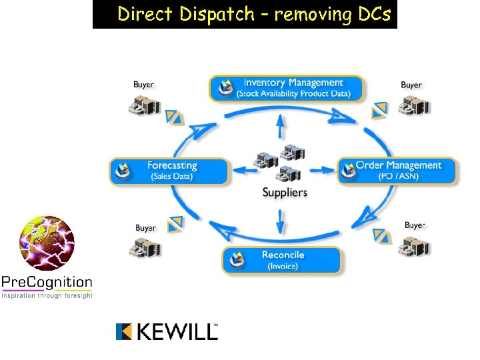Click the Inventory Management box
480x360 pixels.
point(287,88)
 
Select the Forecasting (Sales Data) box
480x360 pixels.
point(169,171)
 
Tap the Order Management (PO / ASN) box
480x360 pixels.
point(398,171)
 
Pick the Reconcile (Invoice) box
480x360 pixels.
point(282,260)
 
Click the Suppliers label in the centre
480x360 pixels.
point(285,193)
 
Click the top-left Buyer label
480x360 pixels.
point(143,85)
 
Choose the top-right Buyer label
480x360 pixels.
point(411,85)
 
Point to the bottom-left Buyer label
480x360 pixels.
point(145,228)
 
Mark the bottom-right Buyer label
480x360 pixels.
point(415,225)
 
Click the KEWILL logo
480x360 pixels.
point(167,331)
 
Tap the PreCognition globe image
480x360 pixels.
point(47,243)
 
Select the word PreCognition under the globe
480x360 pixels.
point(47,281)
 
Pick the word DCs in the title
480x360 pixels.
point(375,14)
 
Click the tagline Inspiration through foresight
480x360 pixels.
point(47,295)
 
